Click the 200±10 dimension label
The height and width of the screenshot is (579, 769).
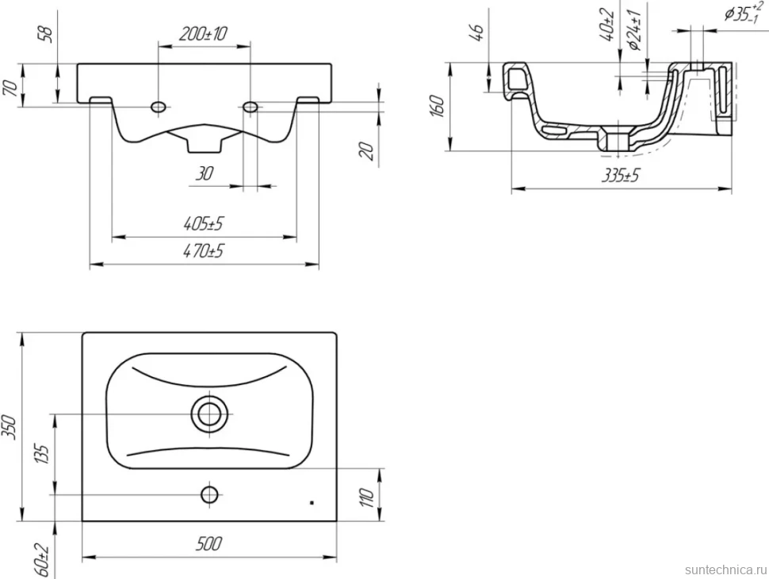point(203,34)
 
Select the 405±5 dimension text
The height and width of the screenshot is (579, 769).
point(203,224)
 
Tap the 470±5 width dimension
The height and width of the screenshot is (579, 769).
point(203,251)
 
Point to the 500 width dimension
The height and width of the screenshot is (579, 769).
point(209,543)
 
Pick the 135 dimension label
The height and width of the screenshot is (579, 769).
point(43,455)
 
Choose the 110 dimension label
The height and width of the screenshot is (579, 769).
point(367,497)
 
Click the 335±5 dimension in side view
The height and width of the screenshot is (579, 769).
point(621,175)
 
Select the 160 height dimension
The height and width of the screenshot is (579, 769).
point(437,106)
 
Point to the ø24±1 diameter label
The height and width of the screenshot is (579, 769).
point(636,30)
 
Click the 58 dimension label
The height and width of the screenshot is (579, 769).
point(47,33)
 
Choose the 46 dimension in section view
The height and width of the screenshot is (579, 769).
point(478,32)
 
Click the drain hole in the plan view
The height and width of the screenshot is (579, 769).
point(210,414)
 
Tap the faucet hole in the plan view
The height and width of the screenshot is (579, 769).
point(210,495)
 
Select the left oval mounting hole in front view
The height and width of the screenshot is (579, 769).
point(159,106)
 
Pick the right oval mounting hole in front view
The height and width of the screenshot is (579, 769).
point(251,106)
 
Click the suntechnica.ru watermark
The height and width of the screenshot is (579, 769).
point(725,569)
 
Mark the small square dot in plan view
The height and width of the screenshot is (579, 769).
point(312,503)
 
